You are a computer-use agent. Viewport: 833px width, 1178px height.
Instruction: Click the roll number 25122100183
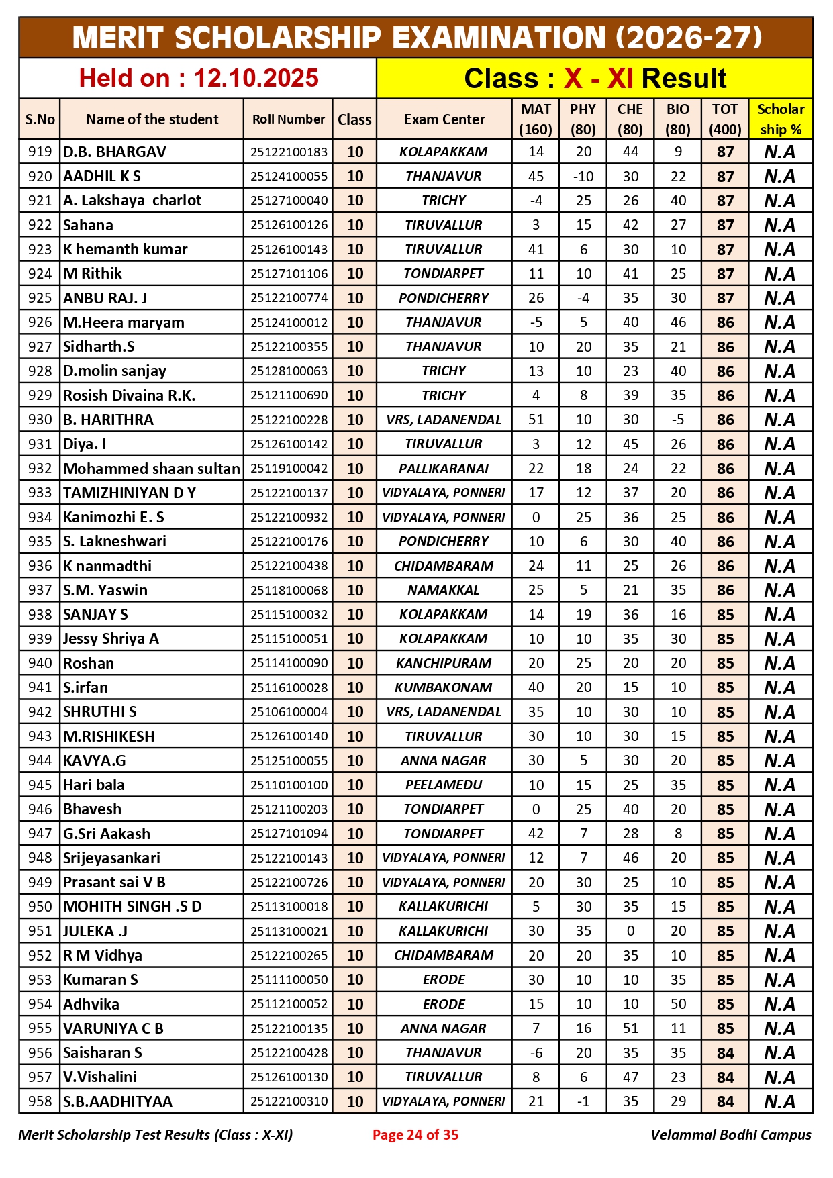coord(289,152)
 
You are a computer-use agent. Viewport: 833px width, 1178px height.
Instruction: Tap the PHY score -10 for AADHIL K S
coord(583,176)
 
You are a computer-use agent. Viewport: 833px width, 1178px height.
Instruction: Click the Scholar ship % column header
coord(780,119)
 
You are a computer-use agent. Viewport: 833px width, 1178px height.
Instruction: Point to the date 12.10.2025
coord(256,79)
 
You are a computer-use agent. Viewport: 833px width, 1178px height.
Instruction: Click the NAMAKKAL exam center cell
coord(443,590)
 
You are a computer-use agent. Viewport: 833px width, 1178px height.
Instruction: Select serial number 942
coord(40,711)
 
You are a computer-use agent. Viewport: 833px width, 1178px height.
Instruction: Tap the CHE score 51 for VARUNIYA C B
coord(630,1028)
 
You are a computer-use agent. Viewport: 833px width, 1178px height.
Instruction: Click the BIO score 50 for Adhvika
coord(678,1004)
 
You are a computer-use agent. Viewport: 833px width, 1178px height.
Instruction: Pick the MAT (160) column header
coord(536,119)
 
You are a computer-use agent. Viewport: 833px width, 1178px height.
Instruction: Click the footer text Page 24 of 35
coord(415,1134)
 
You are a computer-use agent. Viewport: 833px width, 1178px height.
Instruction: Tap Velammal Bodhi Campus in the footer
coord(730,1134)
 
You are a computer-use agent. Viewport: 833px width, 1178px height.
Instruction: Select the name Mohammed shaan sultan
coord(152,469)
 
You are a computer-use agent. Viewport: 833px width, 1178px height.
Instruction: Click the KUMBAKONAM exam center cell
coord(443,687)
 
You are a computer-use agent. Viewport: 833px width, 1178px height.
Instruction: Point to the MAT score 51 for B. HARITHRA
coord(536,420)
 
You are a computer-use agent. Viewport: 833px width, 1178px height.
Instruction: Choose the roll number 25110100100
coord(289,785)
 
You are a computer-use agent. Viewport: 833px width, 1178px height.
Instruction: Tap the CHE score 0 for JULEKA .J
coord(630,931)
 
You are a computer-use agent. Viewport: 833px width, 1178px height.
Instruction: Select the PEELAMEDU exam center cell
coord(443,785)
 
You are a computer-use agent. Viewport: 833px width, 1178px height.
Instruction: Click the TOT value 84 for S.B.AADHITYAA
coord(725,1101)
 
